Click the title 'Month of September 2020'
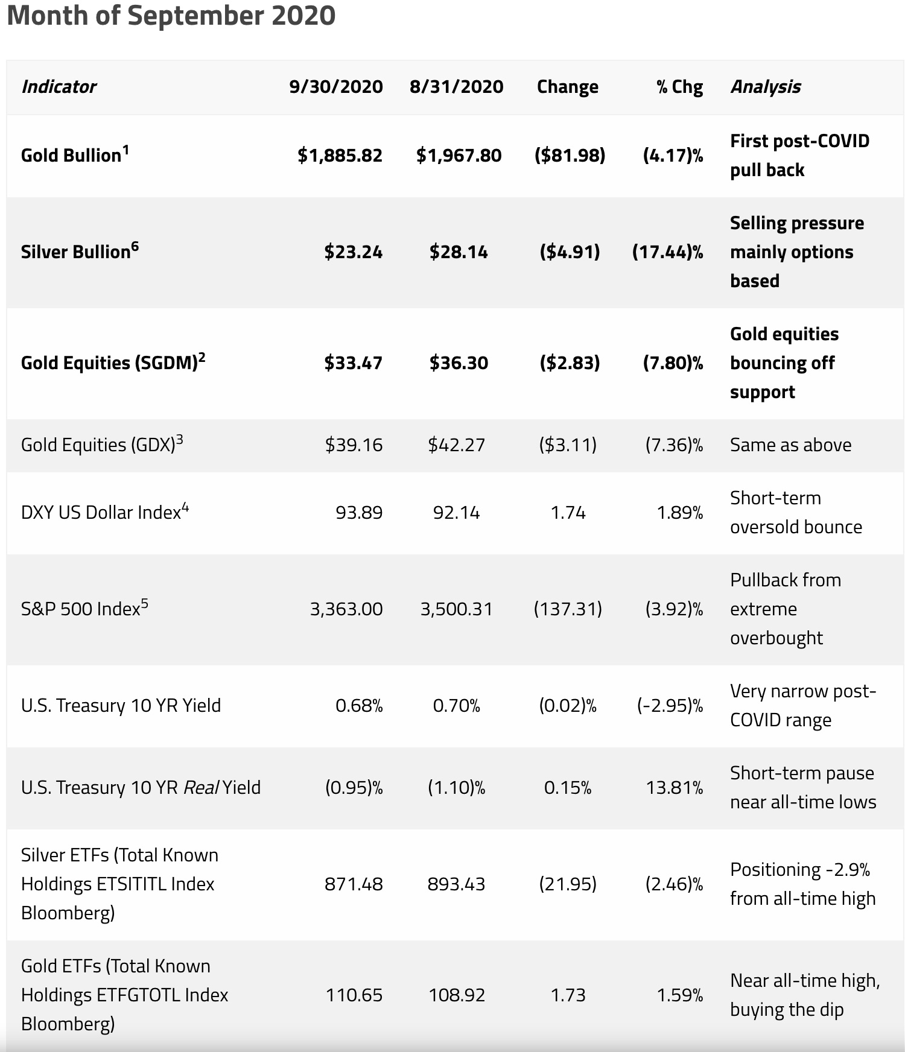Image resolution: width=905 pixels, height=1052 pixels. coord(171,15)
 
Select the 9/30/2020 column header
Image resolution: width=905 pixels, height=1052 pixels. coord(335,87)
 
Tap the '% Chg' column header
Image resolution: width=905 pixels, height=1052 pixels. coord(679,87)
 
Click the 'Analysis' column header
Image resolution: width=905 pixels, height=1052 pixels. coord(765,87)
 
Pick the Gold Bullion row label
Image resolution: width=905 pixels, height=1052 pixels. coord(71,156)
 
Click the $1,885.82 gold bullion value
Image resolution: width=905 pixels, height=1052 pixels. coord(340,156)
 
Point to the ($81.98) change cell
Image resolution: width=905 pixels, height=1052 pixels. coord(570,156)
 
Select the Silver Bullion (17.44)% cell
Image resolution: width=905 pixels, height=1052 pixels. coord(667,252)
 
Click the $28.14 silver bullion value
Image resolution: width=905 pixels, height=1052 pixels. coord(459,252)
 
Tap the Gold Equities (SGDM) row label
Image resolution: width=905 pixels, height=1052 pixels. coord(109,363)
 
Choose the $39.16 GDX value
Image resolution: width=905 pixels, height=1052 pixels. coord(354,445)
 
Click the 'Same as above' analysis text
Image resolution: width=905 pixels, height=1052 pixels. coord(790,445)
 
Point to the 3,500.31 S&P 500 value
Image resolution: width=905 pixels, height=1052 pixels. coord(456,609)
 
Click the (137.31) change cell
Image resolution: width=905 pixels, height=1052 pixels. coord(568,609)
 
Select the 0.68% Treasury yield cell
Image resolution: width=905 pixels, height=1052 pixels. coord(359,705)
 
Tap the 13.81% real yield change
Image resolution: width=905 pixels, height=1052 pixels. coord(674,787)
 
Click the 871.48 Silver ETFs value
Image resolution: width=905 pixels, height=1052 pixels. coord(354,884)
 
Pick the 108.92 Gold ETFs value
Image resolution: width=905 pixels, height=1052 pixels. coord(457,995)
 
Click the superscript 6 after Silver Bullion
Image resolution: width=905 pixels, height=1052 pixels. coord(135,246)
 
